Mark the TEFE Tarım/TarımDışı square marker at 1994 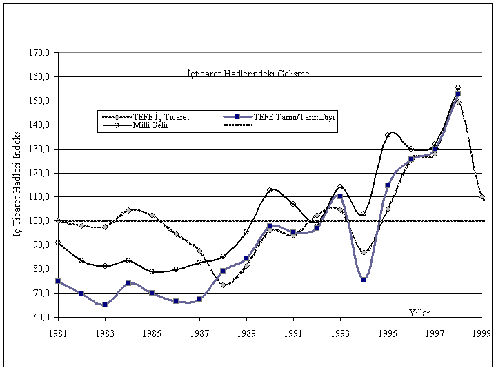point(364,280)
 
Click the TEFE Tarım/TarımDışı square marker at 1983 point(105,304)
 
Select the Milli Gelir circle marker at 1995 point(388,135)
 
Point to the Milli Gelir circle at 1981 point(58,243)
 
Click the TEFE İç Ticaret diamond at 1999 point(482,197)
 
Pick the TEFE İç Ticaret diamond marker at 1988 point(223,284)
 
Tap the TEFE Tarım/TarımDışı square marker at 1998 point(458,94)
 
